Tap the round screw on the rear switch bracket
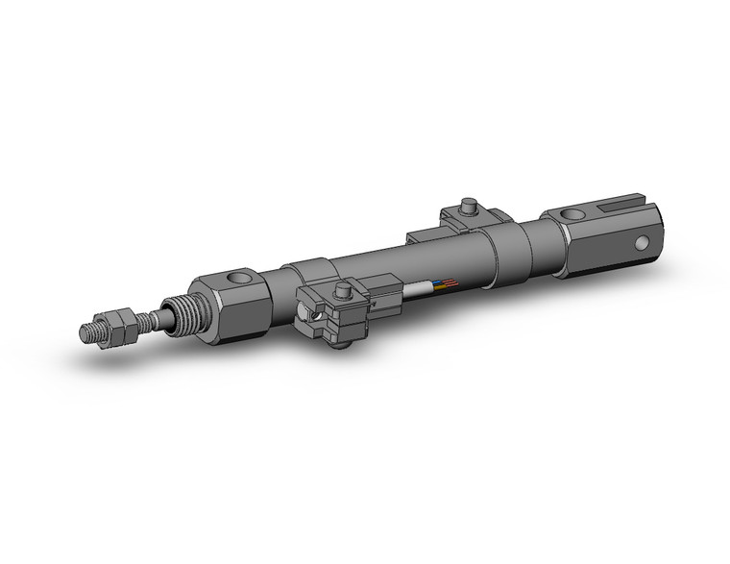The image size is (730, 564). click(x=469, y=205)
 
